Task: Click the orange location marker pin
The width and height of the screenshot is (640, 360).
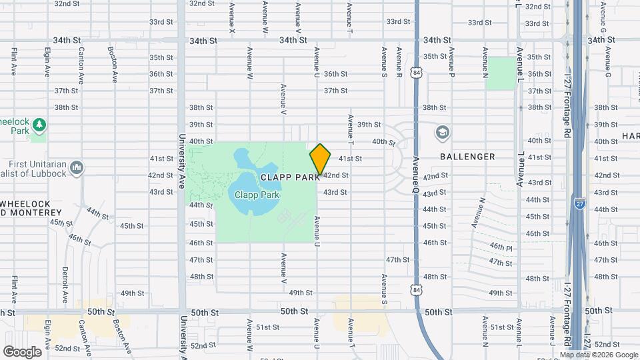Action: coord(320,159)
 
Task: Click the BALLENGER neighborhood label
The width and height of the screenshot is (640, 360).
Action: coord(467,157)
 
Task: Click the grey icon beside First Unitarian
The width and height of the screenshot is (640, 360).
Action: coord(77,166)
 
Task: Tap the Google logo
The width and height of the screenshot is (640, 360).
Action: coord(22,352)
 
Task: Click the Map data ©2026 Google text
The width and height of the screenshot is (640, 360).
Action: coord(599,354)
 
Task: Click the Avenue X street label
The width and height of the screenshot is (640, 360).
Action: coord(232,19)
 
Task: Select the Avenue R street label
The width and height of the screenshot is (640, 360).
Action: coord(399,62)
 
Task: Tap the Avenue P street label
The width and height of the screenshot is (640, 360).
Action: coord(451,62)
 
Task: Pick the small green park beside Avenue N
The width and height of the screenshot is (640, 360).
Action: coord(500,73)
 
